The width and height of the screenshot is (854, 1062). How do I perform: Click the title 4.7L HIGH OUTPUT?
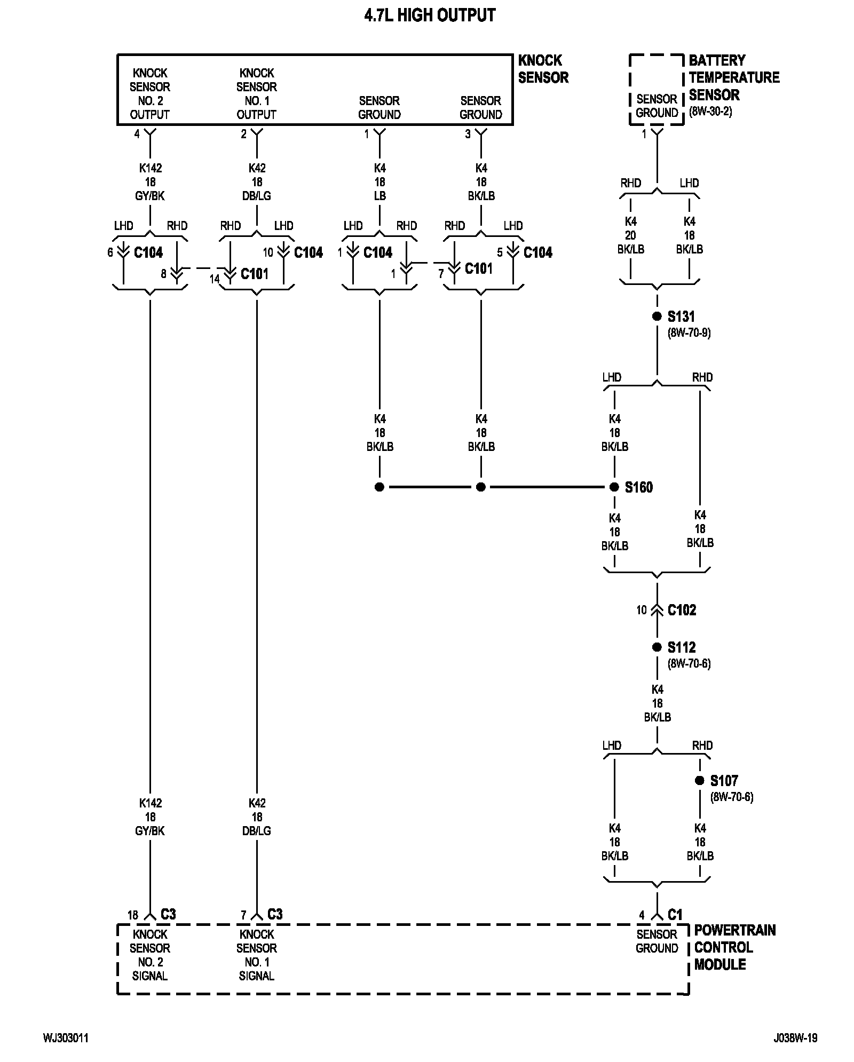coord(430,15)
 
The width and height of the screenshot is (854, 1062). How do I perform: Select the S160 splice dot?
coord(614,487)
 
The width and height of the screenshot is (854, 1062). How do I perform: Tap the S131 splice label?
coord(681,316)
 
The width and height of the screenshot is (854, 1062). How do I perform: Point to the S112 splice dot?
coord(657,647)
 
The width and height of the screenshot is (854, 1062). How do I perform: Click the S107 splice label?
coord(724,781)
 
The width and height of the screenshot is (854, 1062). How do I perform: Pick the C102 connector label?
coord(682,610)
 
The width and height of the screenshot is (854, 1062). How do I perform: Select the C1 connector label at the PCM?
coord(675,914)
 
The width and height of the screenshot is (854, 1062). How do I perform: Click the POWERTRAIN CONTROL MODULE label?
coord(735,947)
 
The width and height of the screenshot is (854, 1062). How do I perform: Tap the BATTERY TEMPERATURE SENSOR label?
coord(734,77)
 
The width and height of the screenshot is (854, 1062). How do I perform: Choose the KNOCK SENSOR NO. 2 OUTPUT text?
coord(150,93)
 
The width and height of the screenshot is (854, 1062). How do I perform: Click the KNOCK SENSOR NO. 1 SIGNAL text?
coord(257,955)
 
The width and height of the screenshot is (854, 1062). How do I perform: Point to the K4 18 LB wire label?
coord(379,182)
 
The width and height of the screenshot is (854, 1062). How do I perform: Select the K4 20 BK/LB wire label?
coord(630,235)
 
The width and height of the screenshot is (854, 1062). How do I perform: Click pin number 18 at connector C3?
coord(133,915)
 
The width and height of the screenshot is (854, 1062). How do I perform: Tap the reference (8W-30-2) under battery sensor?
coord(710,112)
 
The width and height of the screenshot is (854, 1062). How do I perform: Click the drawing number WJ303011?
coord(66,1038)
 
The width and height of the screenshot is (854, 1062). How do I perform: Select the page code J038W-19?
coord(795,1038)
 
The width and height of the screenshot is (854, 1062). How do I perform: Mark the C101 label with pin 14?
coord(254,274)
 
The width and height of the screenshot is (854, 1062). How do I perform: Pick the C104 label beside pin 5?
coord(537,252)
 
